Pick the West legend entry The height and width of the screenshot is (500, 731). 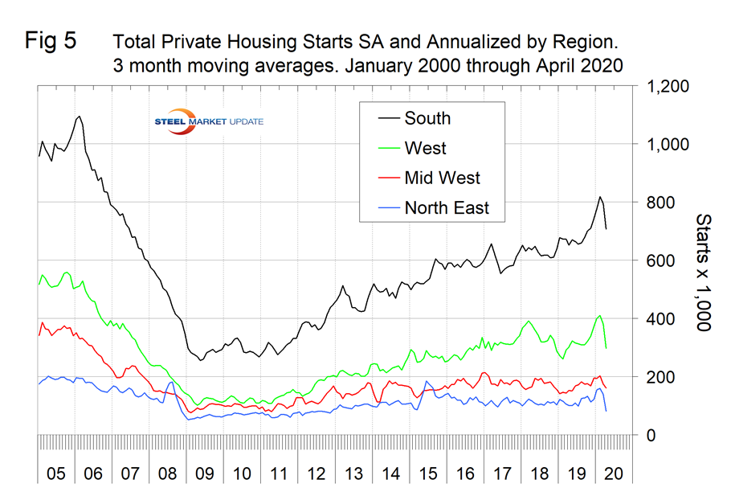click(426, 149)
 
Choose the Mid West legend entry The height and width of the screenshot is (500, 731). click(443, 178)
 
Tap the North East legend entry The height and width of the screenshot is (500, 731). click(447, 209)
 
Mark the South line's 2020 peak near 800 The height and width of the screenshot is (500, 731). click(599, 197)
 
